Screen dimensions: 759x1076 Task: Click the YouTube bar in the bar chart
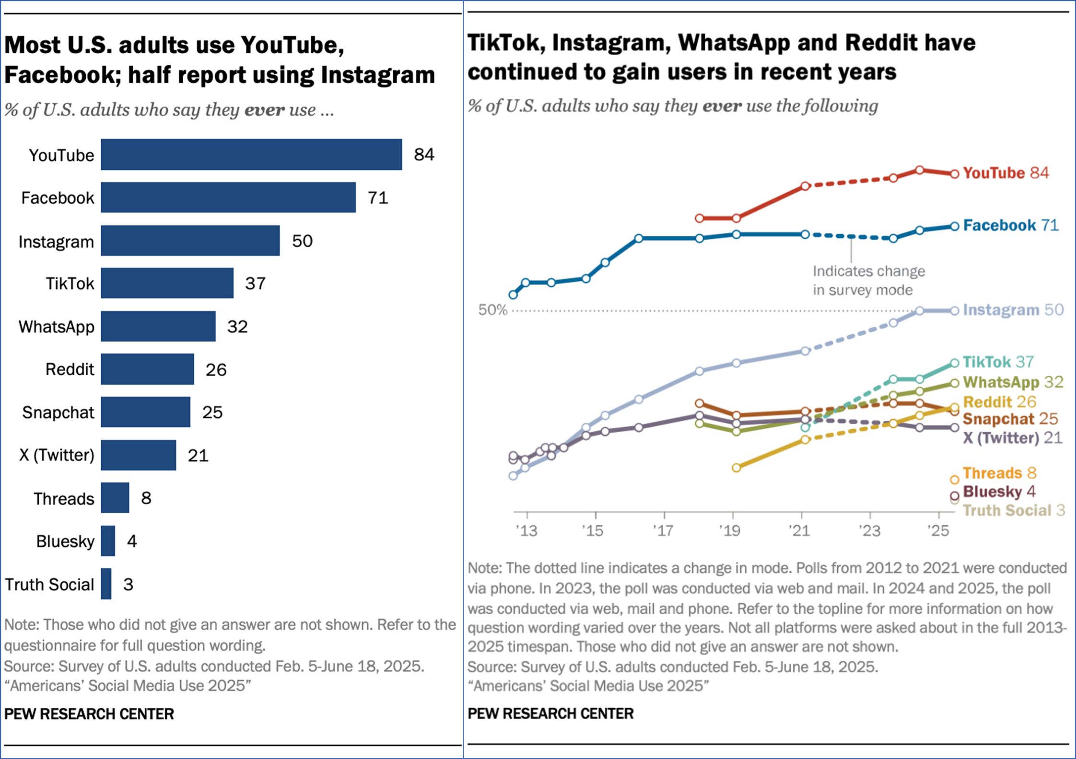coord(251,154)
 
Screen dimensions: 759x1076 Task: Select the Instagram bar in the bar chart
coord(190,241)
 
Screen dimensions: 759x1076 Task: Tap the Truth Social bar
coord(106,584)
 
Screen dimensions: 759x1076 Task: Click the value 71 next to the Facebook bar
coord(378,197)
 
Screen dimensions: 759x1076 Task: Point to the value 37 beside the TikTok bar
coord(255,283)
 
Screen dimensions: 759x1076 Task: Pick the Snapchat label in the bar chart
coord(58,412)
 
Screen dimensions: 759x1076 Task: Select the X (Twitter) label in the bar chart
coord(57,455)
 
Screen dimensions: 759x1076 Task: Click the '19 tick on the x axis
coord(730,530)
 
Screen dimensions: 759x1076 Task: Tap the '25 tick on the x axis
coord(938,530)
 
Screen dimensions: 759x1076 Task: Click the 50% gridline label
coord(492,310)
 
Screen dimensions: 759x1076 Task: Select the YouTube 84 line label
coord(1006,173)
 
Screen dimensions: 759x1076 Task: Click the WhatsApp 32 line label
coord(1013,382)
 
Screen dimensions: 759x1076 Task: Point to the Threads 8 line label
coord(999,473)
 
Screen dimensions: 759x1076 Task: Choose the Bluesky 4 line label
coord(999,492)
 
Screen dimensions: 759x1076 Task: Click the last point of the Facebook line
coord(955,226)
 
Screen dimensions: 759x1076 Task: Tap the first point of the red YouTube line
coord(700,218)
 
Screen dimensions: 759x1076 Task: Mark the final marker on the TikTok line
coord(955,363)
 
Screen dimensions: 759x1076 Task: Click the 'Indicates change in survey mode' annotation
coord(868,280)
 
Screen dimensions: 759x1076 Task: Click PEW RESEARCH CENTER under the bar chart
coord(89,714)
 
